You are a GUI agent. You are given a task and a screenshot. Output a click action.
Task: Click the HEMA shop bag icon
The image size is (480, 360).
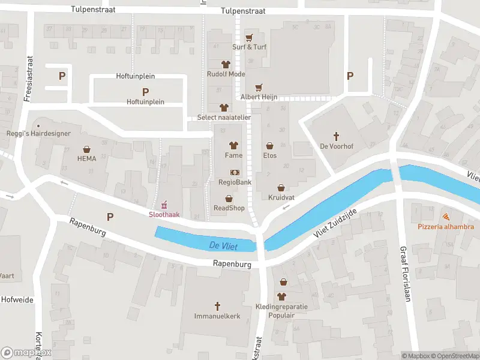86,149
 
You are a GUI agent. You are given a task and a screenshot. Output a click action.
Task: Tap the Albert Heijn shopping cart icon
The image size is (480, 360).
259,87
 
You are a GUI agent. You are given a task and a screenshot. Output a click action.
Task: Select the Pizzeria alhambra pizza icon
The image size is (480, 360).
446,217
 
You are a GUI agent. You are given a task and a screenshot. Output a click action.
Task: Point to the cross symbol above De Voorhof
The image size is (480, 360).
336,136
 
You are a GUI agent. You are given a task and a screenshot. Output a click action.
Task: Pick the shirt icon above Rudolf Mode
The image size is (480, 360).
226,64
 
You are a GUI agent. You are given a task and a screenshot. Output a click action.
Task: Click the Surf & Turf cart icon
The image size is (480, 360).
249,37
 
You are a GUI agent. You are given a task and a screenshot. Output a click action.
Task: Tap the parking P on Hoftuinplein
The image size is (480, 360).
145,92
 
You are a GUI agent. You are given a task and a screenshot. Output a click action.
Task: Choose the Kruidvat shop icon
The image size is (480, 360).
280,187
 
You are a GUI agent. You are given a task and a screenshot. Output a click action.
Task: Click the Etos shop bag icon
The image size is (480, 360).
269,145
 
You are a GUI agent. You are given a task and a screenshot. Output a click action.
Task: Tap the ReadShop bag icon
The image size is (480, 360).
229,199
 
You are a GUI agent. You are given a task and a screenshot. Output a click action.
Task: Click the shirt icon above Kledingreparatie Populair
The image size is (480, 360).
281,296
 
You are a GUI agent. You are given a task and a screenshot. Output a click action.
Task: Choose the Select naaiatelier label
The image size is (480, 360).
224,118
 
